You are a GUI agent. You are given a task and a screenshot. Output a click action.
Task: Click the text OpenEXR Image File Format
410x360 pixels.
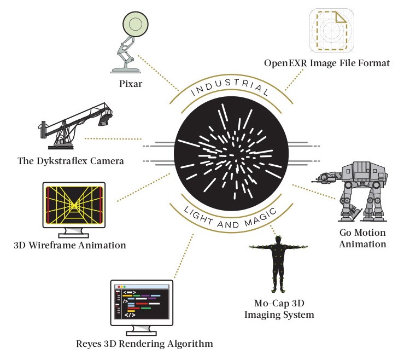(x=327, y=63)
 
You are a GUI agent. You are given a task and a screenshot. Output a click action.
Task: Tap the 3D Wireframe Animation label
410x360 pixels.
(x=72, y=245)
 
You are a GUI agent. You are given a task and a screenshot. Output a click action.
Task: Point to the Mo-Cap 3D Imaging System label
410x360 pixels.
(x=279, y=309)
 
